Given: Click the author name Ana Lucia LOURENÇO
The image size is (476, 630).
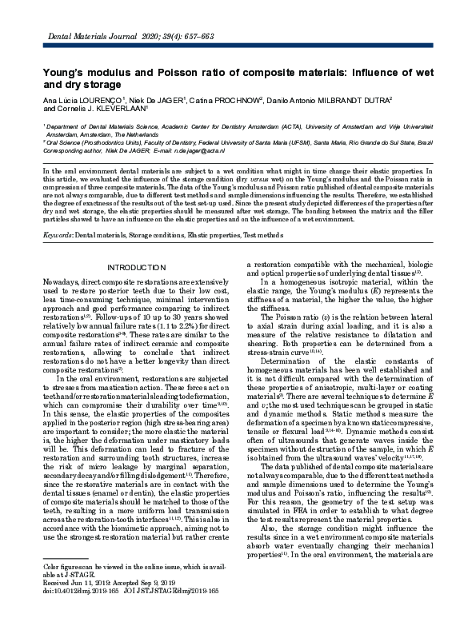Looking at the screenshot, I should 78,101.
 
